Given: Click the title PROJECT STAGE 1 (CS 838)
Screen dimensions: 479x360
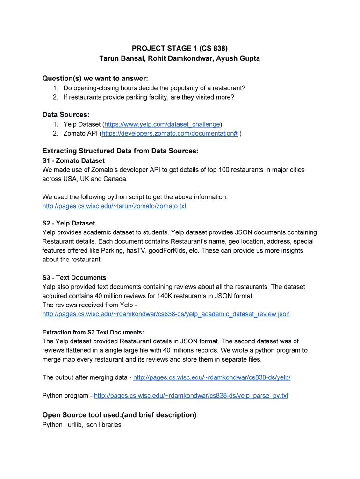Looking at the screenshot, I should coord(180,48).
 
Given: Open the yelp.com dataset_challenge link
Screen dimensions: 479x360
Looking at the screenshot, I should coord(162,124).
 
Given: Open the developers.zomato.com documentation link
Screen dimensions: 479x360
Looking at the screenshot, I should coord(170,133).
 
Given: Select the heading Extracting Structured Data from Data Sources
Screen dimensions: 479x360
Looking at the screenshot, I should coord(121,151).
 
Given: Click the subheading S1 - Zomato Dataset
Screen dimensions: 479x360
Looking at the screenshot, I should coord(73,160).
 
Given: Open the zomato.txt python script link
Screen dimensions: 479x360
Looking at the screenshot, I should coord(114,206).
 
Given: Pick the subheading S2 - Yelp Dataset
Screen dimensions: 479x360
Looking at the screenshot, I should coord(69,223).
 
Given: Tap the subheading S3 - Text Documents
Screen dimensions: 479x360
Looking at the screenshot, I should coord(74,277).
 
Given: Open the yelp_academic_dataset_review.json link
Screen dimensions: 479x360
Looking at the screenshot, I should coord(166,314).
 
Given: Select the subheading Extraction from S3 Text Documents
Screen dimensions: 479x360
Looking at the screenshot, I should coord(93,332).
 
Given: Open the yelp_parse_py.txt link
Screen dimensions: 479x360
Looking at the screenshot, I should coord(191,396).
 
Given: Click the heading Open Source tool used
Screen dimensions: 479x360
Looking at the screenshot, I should coord(119,415).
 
